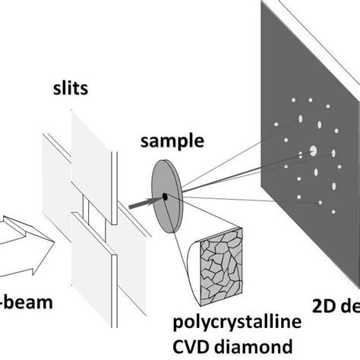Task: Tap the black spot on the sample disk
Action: coord(163,198)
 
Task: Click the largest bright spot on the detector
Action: coord(312,152)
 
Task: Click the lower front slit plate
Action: coord(93,265)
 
